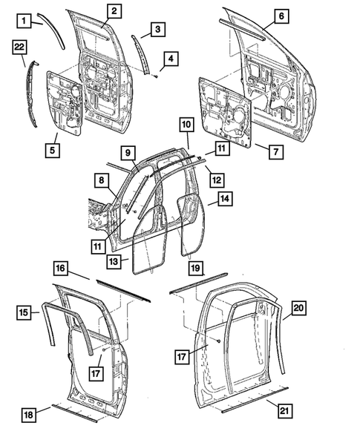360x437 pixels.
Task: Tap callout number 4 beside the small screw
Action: [157, 29]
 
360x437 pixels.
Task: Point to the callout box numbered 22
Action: [171, 58]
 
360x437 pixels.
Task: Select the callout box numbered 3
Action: [157, 29]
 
